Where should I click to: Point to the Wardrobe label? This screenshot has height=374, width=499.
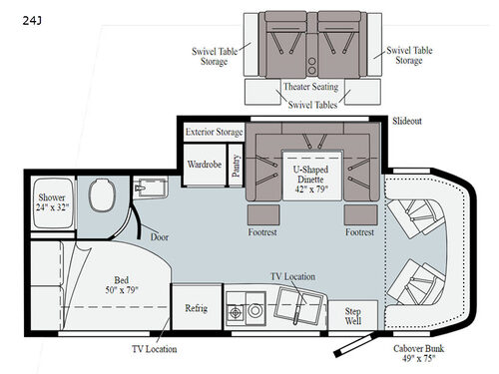pyautogui.click(x=204, y=164)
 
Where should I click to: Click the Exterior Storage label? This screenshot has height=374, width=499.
pyautogui.click(x=213, y=133)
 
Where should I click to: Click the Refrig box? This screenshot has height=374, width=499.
pyautogui.click(x=196, y=308)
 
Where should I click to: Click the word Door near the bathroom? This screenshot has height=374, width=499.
pyautogui.click(x=159, y=237)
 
